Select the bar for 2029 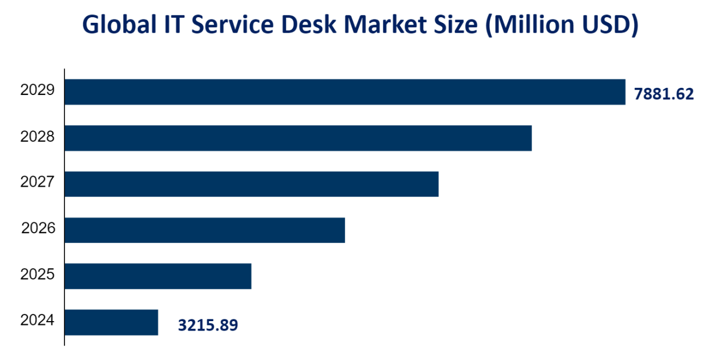[344, 92]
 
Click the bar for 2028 [298, 138]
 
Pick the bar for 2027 [251, 184]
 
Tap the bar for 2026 [204, 230]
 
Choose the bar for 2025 [158, 276]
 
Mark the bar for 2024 [111, 322]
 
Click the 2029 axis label [38, 90]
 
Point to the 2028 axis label [38, 136]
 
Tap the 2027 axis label [38, 182]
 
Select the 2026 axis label [38, 228]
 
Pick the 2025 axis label [38, 274]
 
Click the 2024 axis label [38, 320]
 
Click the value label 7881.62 [664, 94]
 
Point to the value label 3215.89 [208, 325]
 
